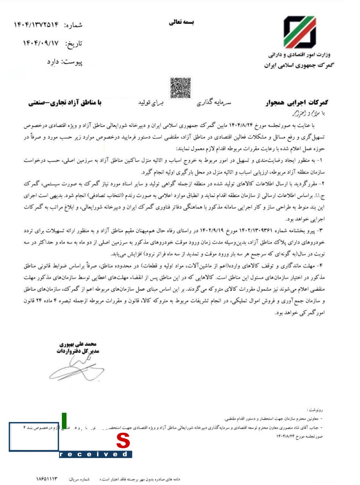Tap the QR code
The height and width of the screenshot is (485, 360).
[x=180, y=88]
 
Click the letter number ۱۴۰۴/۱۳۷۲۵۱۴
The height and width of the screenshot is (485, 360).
[x=37, y=25]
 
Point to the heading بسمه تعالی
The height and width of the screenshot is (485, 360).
[x=182, y=22]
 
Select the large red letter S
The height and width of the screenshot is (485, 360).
[x=123, y=441]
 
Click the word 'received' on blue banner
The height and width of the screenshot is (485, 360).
[x=95, y=454]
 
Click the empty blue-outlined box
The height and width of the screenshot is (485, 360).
[x=34, y=437]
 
